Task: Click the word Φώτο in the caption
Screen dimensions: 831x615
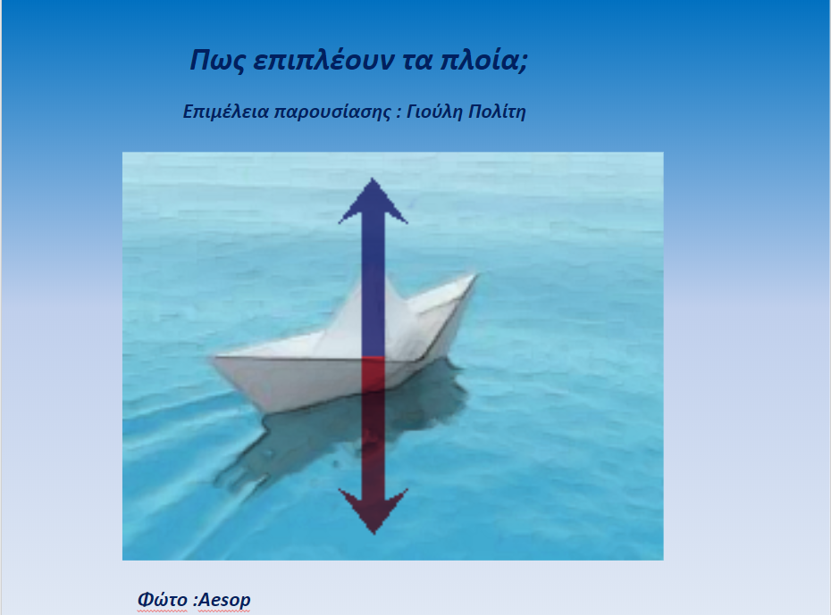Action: (162, 600)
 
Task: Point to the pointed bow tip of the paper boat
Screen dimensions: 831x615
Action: (475, 275)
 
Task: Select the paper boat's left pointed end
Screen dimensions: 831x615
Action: (214, 358)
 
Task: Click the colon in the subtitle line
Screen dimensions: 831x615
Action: (398, 112)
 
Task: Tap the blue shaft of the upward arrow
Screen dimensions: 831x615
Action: (374, 290)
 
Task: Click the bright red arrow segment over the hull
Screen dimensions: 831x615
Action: (374, 374)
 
